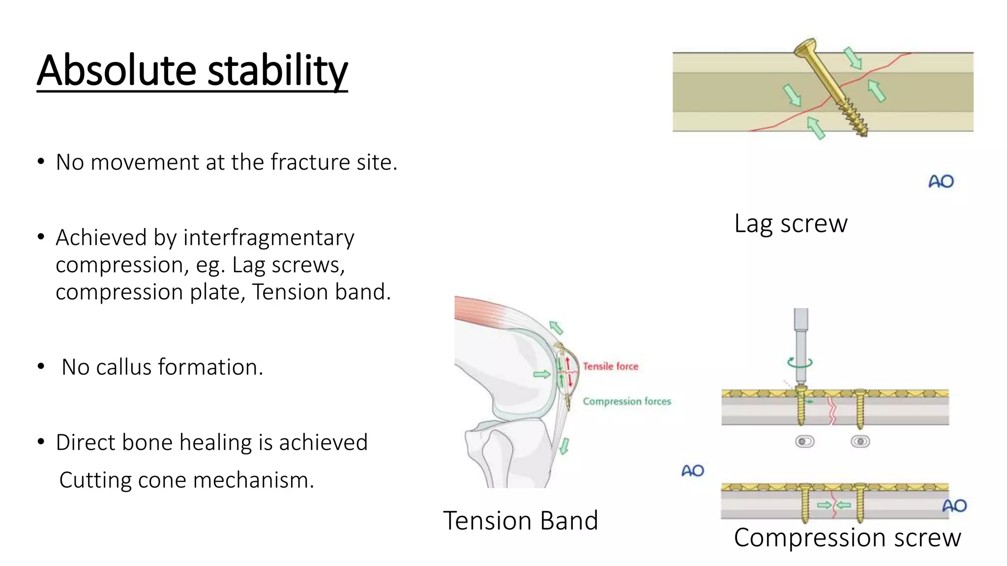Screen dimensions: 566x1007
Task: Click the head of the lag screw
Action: pos(805,47)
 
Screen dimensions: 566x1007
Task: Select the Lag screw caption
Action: pos(791,224)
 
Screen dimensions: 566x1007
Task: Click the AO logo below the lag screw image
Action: pos(941,182)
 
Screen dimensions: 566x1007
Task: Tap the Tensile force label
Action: pos(610,366)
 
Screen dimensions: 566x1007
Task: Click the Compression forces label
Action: pos(626,401)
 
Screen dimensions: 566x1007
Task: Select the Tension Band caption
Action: pos(520,520)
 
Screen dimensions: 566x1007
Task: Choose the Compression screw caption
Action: pos(847,538)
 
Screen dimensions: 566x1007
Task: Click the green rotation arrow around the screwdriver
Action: pos(800,363)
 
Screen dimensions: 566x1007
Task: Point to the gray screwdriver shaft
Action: pos(801,344)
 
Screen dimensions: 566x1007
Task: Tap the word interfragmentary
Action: pos(268,238)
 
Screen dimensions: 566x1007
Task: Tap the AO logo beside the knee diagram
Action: pos(692,471)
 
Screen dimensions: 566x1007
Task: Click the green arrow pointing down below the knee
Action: pos(564,446)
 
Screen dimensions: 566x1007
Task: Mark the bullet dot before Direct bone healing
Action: pos(41,442)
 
